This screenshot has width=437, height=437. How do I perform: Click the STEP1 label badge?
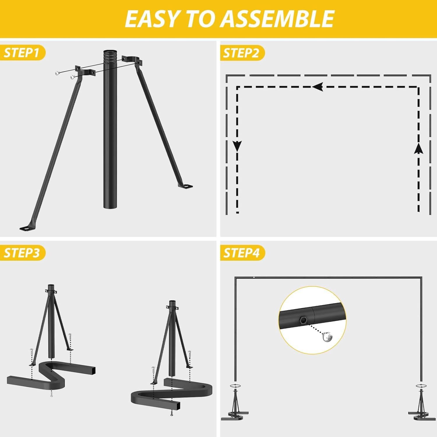[22, 53]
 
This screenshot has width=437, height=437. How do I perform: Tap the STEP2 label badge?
[241, 53]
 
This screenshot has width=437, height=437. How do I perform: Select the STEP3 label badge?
[22, 253]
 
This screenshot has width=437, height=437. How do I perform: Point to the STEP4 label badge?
[242, 253]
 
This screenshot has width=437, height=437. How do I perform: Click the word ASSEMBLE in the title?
[277, 19]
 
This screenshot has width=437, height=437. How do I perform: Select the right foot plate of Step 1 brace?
[186, 186]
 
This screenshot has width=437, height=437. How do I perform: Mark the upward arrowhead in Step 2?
[419, 148]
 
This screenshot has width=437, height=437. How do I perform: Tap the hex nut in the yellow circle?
[302, 321]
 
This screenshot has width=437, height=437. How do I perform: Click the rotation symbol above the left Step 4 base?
[235, 385]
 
